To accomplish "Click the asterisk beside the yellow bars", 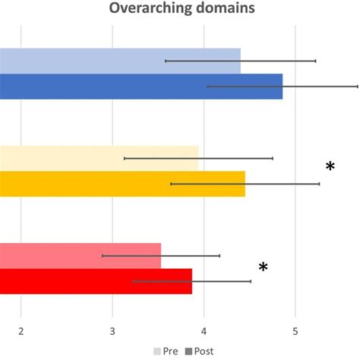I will pos(330,167).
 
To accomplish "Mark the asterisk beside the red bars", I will pos(263,267).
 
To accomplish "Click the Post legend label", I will pos(204,351).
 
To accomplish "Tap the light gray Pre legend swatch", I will pos(158,351).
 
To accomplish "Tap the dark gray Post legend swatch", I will pos(188,351).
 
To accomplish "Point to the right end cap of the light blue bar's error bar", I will pos(315,61).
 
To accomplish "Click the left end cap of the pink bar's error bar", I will pos(103,256).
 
